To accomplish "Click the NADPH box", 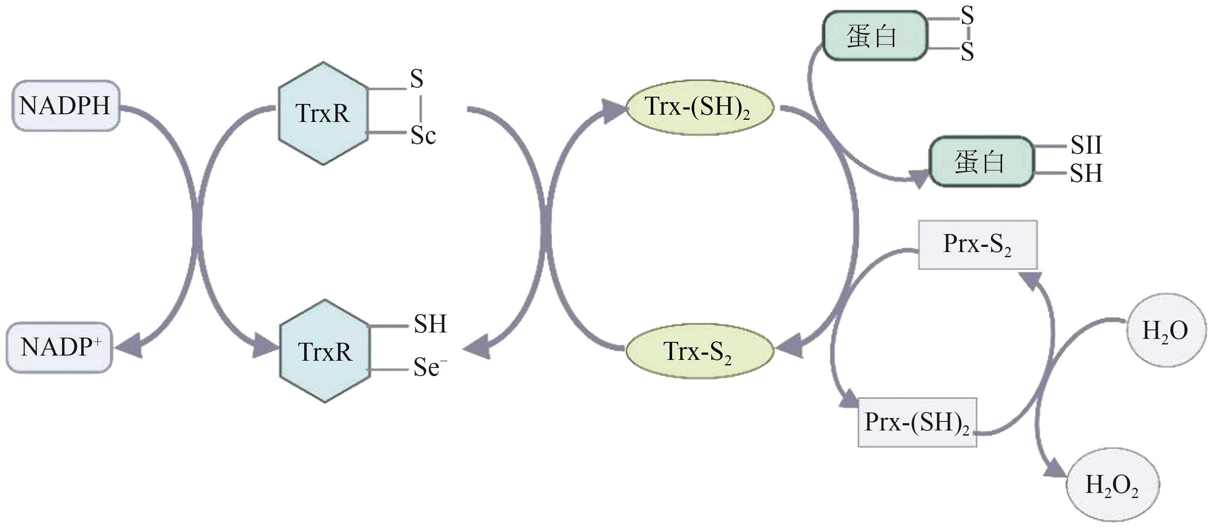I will click(65, 106).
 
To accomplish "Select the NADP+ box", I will click(59, 347).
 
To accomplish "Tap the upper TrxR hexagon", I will click(323, 113).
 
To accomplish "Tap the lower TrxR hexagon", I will click(324, 351).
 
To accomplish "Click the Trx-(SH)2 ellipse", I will click(699, 108).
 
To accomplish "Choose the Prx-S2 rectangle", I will click(978, 245).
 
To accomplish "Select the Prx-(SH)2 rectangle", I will click(917, 422).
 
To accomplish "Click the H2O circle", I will click(1166, 331).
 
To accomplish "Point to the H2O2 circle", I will click(1112, 485).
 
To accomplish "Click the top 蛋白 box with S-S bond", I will click(875, 36).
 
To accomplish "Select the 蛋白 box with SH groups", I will click(981, 162).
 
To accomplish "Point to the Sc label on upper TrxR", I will click(423, 136).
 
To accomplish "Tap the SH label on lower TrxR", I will click(430, 324).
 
